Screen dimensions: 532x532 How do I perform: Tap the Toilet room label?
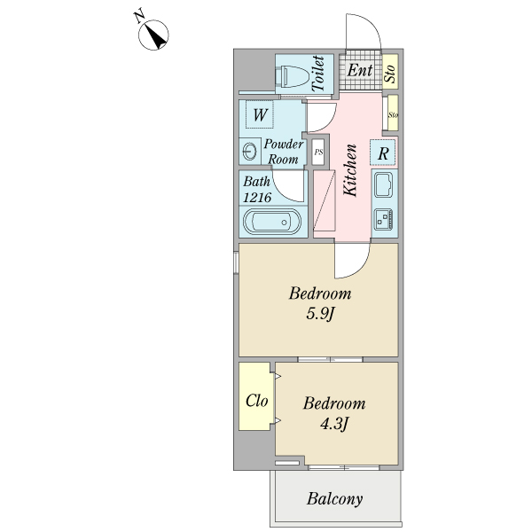coord(317,73)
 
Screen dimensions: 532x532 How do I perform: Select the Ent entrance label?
coord(359,70)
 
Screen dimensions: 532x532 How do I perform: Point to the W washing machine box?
coord(260,115)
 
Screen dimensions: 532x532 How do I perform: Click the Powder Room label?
coord(284,152)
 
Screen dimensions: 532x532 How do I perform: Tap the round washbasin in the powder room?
coord(248,153)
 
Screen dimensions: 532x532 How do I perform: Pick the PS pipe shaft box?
coord(317,153)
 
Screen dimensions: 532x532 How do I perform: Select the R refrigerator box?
coord(383,153)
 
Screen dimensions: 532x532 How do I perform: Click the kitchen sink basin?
coord(384,186)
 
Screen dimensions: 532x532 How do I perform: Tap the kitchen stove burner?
coord(384,218)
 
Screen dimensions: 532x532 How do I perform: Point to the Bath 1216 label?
coord(259,189)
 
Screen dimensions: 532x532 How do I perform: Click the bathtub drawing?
coord(272,222)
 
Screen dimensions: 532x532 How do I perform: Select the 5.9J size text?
coord(317,314)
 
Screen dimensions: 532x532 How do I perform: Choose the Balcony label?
coord(335,499)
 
